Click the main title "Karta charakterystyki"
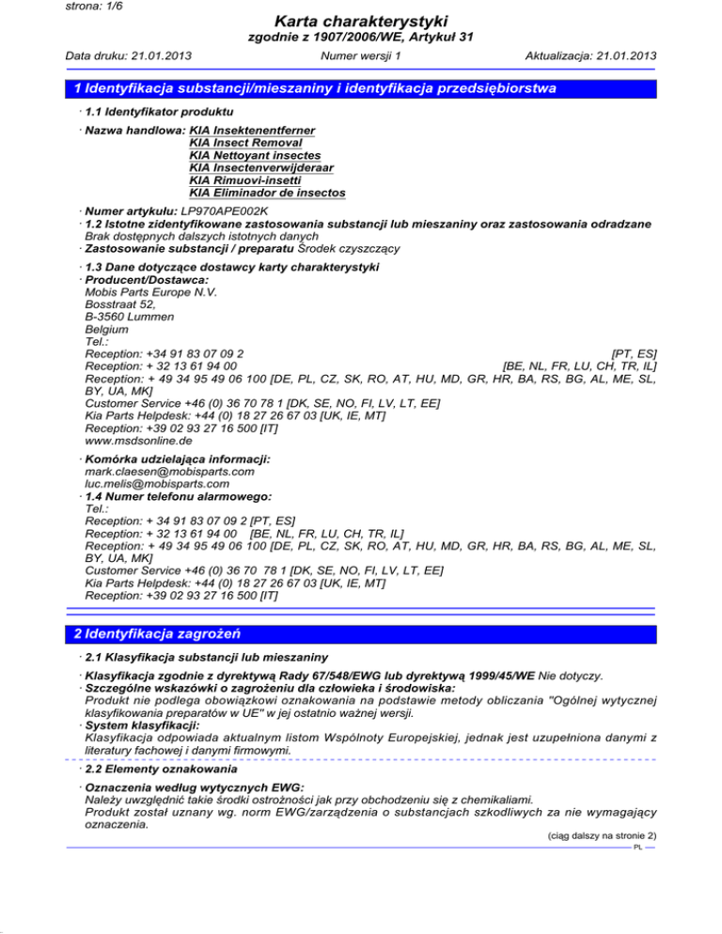[361, 22]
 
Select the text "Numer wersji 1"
[361, 55]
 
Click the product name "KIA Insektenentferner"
[252, 129]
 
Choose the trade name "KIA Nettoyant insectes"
[255, 154]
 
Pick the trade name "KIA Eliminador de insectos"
[267, 193]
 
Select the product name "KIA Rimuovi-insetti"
[246, 179]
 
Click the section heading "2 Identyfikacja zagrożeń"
[163, 635]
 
